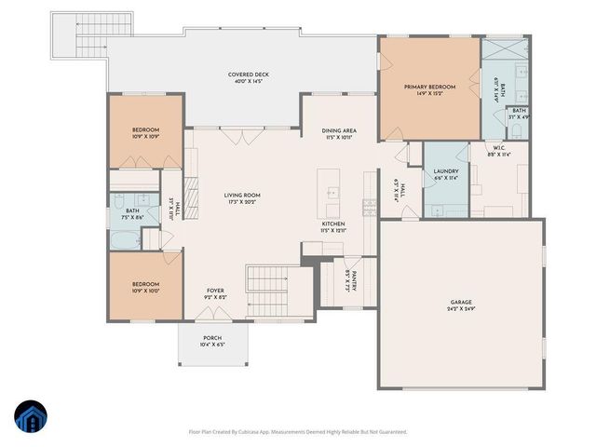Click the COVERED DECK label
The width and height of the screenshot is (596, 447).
[x=247, y=78]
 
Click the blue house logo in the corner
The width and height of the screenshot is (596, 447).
[x=29, y=415]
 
